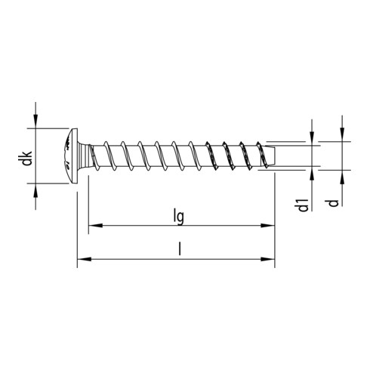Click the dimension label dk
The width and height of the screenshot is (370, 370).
(x=26, y=159)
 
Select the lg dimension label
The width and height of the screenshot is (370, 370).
(x=179, y=217)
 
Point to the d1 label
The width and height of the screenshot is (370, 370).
(x=303, y=204)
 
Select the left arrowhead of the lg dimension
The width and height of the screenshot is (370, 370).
(x=94, y=225)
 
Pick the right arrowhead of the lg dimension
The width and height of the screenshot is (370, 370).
(x=268, y=225)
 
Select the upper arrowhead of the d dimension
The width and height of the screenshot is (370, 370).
(x=341, y=137)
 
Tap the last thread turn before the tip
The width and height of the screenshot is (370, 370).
(x=261, y=156)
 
